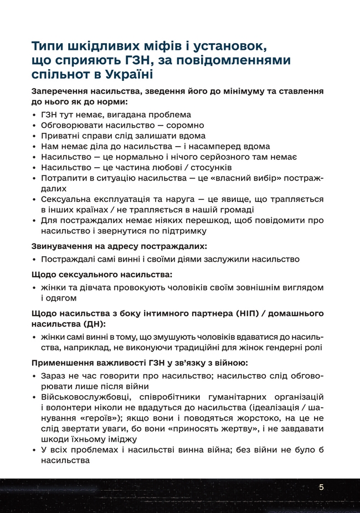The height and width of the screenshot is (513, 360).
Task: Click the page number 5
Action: point(321,487)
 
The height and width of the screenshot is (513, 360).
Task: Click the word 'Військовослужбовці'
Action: point(81,397)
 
